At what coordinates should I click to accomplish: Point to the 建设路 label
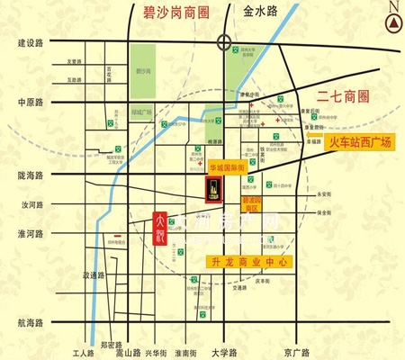click(x=31, y=42)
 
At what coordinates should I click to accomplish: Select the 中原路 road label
click(x=31, y=102)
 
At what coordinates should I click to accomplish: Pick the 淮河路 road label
click(x=31, y=233)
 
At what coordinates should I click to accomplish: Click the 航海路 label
click(x=31, y=322)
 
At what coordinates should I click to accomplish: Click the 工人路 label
click(x=83, y=352)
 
